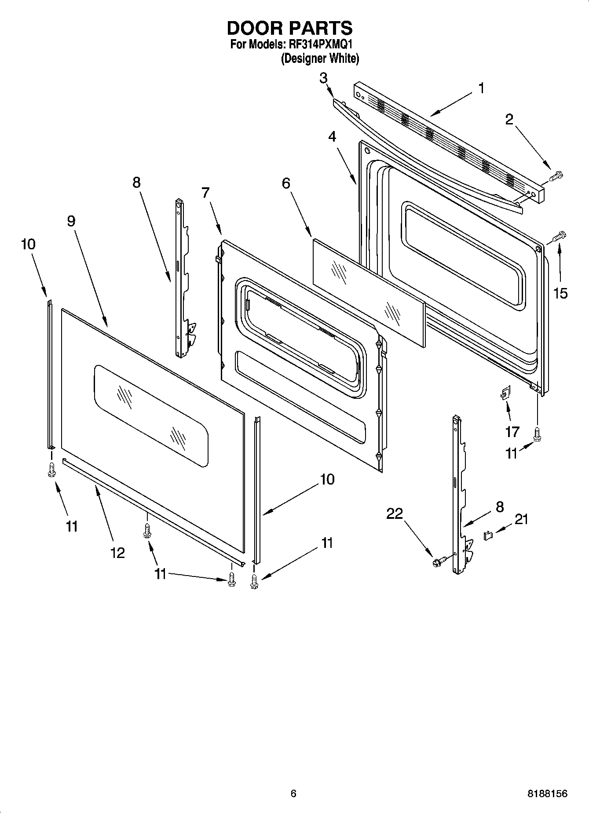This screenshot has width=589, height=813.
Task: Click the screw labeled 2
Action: pos(556,175)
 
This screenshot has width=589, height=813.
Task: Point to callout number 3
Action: pos(323,78)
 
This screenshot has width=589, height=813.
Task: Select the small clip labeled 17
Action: pos(505,393)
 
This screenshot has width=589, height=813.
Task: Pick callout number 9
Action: pos(71,221)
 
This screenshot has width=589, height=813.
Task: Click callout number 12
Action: pos(117,553)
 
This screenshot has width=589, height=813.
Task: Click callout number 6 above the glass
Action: pos(286,183)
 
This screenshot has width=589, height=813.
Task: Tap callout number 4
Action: pos(332,137)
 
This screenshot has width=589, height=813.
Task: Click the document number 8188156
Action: pos(548,793)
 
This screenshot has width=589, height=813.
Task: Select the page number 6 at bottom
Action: pos(293,793)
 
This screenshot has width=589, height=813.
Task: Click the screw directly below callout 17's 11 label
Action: pos(537,434)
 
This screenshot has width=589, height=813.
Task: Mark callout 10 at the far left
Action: pos(28,244)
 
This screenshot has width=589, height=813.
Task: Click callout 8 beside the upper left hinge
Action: pos(136,182)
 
